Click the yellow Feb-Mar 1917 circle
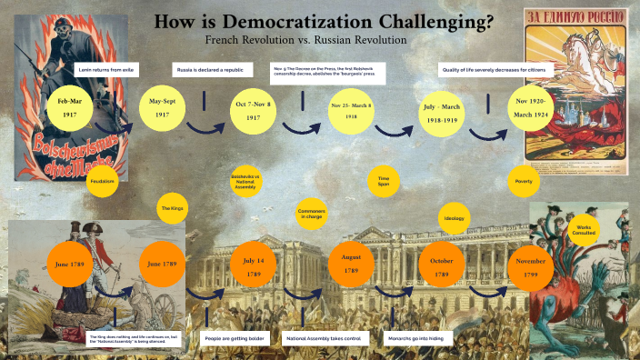click(68, 108)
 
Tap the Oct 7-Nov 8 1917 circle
click(253, 110)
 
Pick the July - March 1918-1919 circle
click(442, 111)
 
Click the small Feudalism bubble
click(103, 181)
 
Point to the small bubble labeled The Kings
click(173, 208)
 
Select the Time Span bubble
click(384, 180)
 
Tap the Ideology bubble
click(455, 219)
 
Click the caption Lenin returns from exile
click(111, 69)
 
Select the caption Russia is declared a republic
click(210, 69)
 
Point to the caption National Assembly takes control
click(323, 338)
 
